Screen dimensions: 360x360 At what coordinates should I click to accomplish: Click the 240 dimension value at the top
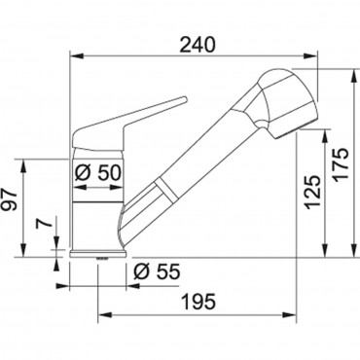[198, 45]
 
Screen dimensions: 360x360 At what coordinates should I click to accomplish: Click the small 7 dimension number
[39, 225]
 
